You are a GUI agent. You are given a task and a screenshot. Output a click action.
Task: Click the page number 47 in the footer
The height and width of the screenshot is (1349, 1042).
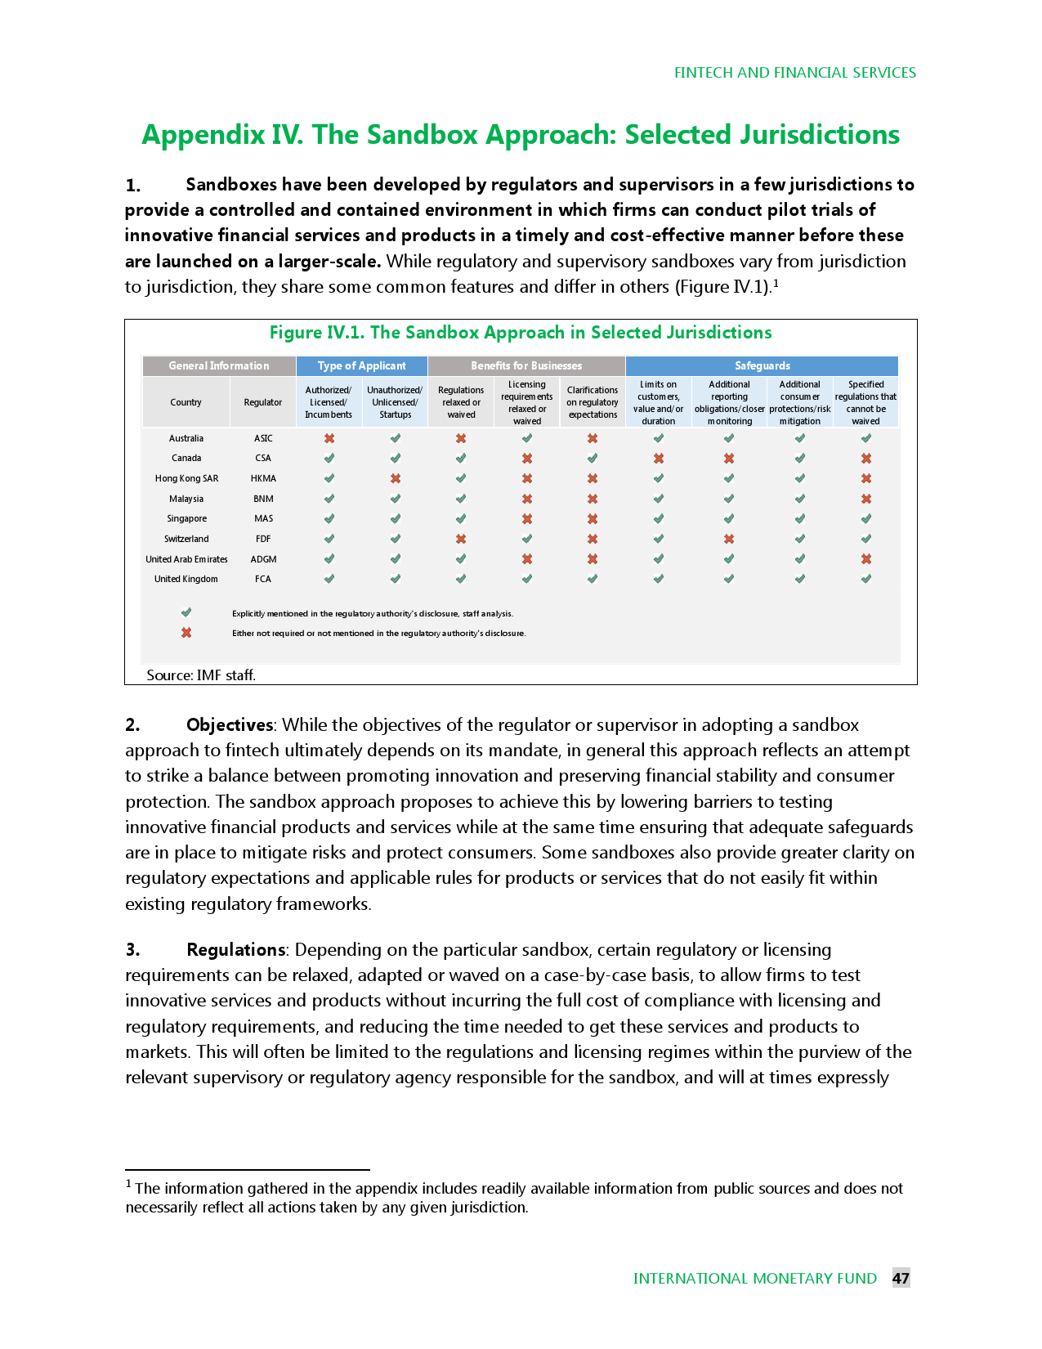point(901,1278)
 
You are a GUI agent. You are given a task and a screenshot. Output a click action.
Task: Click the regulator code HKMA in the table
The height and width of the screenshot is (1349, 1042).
point(263,478)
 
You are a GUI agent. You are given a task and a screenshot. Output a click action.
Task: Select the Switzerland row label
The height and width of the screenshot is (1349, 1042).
point(186,539)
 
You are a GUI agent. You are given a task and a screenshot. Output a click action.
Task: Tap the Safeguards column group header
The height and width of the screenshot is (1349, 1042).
point(762,365)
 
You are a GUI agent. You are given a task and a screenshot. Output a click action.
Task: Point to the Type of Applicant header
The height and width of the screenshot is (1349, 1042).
point(361,365)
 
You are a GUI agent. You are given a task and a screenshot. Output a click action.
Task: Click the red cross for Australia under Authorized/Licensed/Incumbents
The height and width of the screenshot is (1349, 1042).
point(329,438)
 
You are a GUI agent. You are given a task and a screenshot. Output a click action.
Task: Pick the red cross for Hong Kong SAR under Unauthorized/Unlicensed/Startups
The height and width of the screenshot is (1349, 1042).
point(396,478)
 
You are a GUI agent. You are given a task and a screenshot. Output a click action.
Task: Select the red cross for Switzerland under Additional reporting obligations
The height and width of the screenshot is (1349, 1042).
point(729,539)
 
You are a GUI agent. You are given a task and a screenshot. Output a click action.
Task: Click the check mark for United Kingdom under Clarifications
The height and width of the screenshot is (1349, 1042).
point(593,579)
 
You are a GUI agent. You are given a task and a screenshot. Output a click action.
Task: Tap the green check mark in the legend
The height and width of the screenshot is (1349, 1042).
point(186,612)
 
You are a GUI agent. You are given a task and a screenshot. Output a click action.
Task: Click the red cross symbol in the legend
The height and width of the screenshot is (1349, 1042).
point(186,633)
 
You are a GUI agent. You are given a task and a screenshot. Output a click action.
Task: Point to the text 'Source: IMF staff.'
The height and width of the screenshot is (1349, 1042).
point(201,674)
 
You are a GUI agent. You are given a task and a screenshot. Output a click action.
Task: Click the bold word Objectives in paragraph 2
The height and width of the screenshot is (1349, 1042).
point(230,724)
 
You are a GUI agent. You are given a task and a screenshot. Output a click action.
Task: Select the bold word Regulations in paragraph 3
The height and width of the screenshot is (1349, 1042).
point(236,949)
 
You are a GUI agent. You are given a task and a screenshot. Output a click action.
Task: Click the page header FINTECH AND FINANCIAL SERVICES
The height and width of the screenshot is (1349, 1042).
point(794,73)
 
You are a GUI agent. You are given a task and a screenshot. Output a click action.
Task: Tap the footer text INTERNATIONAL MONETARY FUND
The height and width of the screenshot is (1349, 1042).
point(754,1278)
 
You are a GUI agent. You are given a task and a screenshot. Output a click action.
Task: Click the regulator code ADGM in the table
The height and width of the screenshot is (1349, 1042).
point(263,559)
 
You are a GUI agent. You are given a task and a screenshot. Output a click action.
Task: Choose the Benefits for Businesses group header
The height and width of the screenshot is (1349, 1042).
point(526,365)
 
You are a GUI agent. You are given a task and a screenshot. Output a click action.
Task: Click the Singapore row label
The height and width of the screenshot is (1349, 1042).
point(186,518)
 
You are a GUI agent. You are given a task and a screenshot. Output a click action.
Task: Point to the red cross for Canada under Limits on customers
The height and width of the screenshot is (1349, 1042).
point(659,458)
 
